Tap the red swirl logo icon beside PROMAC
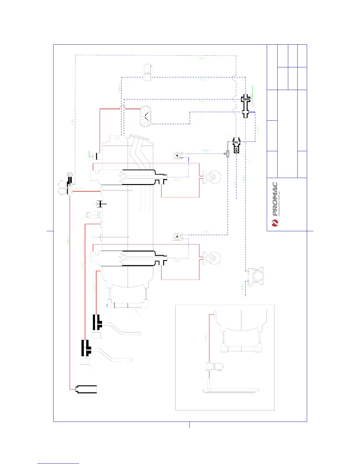275,224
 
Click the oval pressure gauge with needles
145,116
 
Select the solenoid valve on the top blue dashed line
147,72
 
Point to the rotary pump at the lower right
256,276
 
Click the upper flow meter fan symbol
177,156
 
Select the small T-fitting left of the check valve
227,153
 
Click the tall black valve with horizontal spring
246,106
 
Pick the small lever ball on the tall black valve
253,104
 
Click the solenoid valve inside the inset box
214,367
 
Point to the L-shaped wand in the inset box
229,390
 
